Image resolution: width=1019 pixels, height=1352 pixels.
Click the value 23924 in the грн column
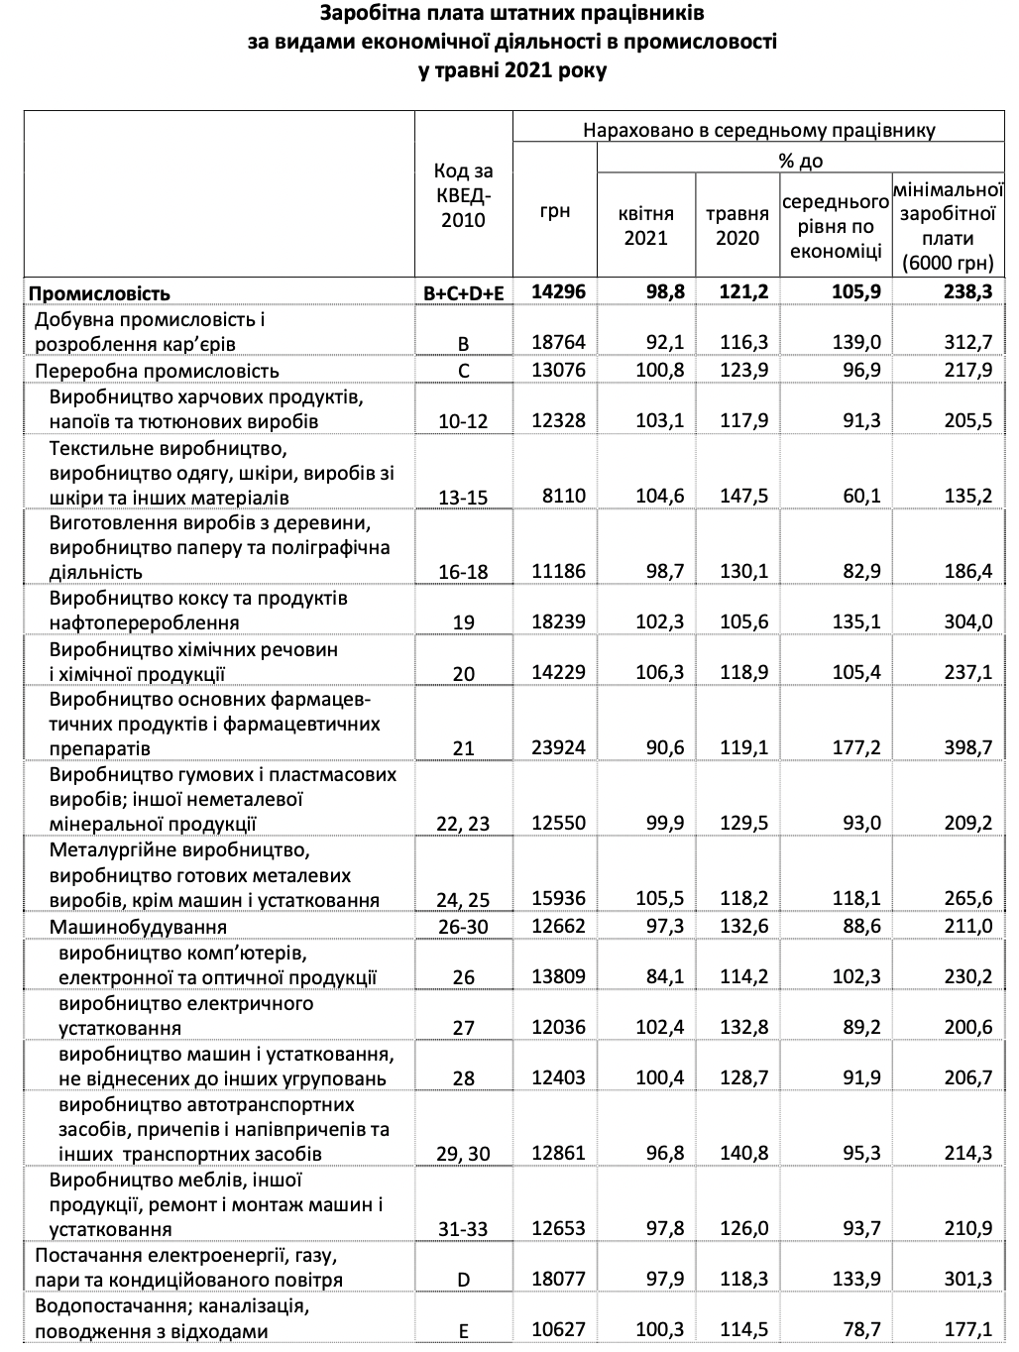tap(559, 747)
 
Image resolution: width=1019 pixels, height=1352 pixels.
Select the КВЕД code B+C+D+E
tap(463, 292)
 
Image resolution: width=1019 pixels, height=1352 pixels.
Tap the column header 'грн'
tap(555, 211)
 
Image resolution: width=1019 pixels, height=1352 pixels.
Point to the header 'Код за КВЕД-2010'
tap(463, 195)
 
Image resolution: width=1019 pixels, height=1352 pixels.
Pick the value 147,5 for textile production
tap(743, 496)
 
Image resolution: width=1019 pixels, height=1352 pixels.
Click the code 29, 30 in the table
tap(463, 1154)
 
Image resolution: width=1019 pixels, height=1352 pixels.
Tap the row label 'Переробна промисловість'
tap(158, 371)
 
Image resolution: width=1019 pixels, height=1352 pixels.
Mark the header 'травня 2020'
tap(737, 226)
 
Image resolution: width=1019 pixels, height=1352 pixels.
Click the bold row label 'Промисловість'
tap(99, 293)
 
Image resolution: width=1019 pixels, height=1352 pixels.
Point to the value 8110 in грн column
tap(565, 496)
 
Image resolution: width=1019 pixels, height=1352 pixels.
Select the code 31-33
tap(463, 1229)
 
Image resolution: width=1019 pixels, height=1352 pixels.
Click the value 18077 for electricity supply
tap(559, 1279)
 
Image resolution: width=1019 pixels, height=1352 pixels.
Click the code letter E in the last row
tap(463, 1330)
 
